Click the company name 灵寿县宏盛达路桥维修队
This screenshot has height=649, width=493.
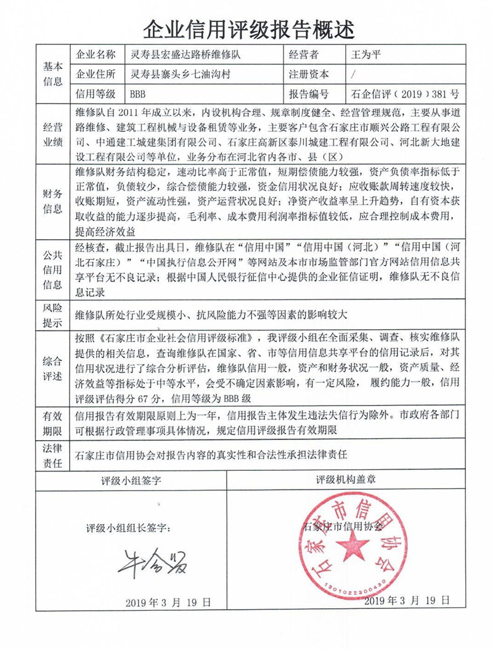pyautogui.click(x=185, y=55)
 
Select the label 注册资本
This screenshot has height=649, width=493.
pyautogui.click(x=308, y=75)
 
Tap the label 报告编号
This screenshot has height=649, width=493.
pyautogui.click(x=308, y=94)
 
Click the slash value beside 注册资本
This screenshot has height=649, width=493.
pyautogui.click(x=351, y=75)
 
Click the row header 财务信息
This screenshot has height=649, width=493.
pyautogui.click(x=52, y=200)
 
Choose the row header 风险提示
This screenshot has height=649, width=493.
pyautogui.click(x=52, y=314)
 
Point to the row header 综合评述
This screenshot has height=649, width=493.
pyautogui.click(x=52, y=368)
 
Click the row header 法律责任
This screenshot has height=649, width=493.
pyautogui.click(x=52, y=455)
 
